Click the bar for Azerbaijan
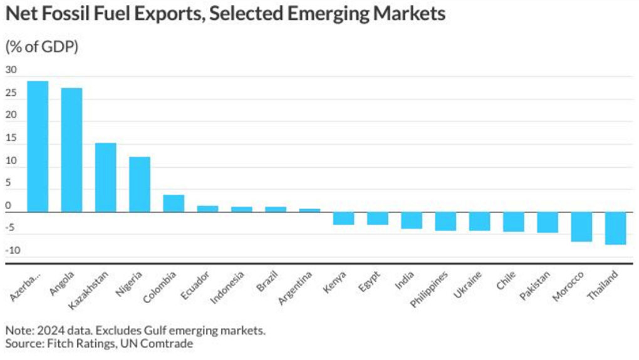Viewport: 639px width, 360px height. pos(38,147)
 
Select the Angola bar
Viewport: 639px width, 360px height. pos(71,150)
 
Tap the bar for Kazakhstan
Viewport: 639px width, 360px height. pos(105,177)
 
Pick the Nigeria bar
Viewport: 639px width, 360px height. pos(140,184)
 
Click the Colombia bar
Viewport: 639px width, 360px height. pos(174,203)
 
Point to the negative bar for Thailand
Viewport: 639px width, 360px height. pos(616,228)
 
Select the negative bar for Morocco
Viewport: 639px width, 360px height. pos(581,227)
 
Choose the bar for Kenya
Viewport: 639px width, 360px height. pos(343,218)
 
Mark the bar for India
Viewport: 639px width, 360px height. pos(412,220)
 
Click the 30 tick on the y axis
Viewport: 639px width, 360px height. pos(11,69)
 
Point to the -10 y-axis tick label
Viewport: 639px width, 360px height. pos(13,251)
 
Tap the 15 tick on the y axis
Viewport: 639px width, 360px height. pos(11,138)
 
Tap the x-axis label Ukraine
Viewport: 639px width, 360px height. pos(468,285)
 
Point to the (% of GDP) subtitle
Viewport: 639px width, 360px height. pos(42,47)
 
